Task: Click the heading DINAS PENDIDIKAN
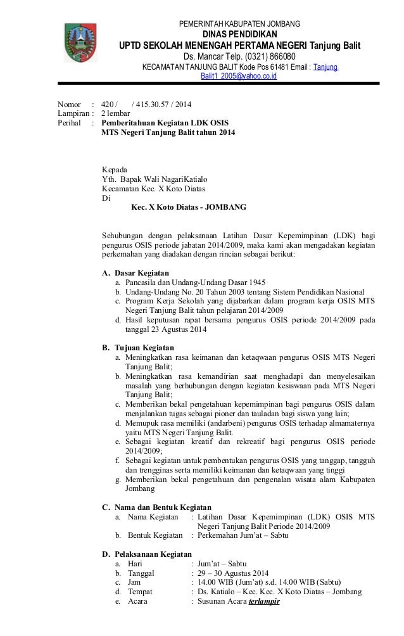tap(239, 34)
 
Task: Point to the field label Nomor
tap(69, 105)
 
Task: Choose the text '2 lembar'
tap(117, 113)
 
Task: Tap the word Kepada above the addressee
tap(115, 169)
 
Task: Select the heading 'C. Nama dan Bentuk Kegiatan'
tap(157, 507)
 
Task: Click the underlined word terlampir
tap(265, 601)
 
